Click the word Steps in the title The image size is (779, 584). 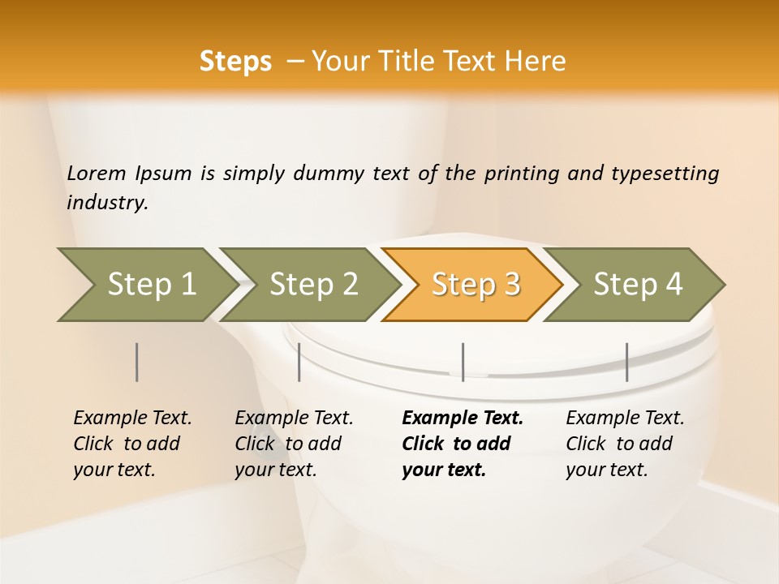coord(235,62)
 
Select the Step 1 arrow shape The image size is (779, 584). coord(146,285)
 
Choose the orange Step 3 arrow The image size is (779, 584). coord(474,285)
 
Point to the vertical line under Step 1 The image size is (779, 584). coord(137,362)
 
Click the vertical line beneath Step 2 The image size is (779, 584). coord(299,362)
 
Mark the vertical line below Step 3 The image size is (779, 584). coord(463,362)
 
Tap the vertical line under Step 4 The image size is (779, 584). coord(626,362)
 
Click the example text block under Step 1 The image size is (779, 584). coord(132,444)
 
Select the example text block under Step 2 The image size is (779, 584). coord(294,444)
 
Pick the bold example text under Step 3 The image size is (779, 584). coord(463,444)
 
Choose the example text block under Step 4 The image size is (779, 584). coord(625,444)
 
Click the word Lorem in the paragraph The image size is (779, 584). coord(97,174)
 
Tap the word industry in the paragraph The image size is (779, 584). coord(107,202)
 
